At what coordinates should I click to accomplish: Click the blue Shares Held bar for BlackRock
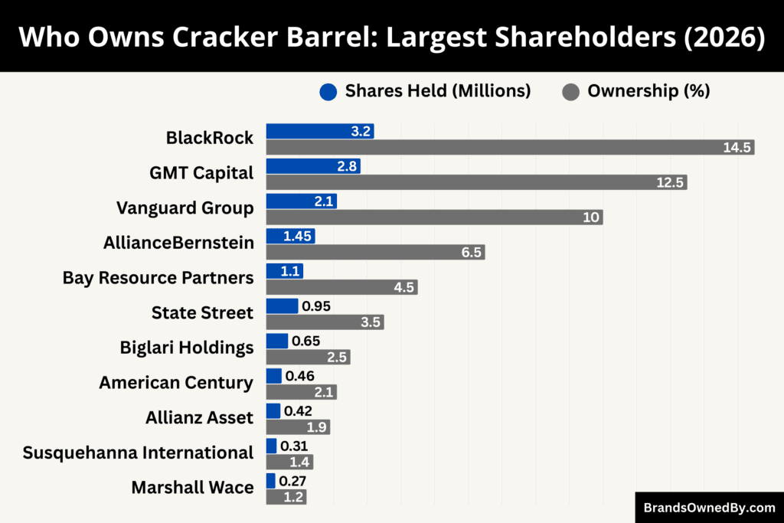coord(319,131)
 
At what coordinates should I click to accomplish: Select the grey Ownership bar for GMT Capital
coord(476,182)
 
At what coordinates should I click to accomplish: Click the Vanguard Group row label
coord(185,208)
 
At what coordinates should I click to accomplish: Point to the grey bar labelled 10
coord(434,217)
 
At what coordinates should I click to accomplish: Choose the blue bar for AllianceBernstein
coord(290,236)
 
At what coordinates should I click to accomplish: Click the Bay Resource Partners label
coord(158,278)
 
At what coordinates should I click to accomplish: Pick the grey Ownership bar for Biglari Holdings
coord(308,358)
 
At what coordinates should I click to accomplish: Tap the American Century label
coord(176,382)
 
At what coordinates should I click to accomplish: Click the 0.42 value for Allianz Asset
coord(299,411)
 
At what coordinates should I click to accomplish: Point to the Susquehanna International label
coord(138,453)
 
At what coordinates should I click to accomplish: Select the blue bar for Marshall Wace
coord(270,481)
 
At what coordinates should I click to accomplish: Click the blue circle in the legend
coord(328,92)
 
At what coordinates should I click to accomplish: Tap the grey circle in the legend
coord(570,92)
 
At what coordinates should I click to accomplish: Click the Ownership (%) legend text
coord(648,91)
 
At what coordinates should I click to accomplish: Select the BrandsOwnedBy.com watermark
coord(709,507)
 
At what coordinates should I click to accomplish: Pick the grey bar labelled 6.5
coord(375,253)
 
